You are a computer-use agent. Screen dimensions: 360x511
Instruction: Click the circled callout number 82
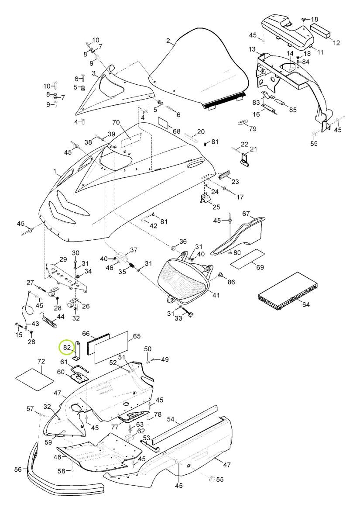click(x=67, y=347)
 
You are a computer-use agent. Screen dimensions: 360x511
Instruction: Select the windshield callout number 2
click(x=168, y=41)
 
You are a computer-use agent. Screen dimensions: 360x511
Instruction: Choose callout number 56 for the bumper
click(x=18, y=469)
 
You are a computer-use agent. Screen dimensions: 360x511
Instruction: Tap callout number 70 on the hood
click(x=116, y=123)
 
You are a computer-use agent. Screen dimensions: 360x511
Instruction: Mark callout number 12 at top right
click(x=336, y=43)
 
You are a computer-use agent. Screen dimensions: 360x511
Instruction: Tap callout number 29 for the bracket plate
click(x=63, y=259)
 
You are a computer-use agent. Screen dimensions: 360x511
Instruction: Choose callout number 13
click(x=252, y=49)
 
